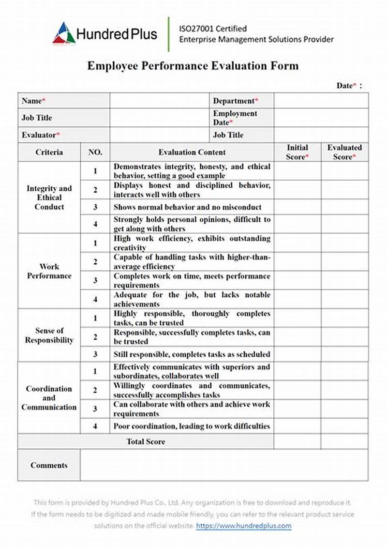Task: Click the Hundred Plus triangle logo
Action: pos(64,33)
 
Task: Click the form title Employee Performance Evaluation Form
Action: pos(193,66)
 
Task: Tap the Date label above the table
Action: pos(346,86)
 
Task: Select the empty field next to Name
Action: pos(159,101)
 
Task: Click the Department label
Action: pos(235,101)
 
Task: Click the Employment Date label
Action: pos(235,118)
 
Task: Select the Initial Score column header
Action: pos(297,152)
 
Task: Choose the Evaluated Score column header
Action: pos(344,152)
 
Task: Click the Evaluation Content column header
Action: pos(192,152)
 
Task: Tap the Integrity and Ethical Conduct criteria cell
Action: pos(49,198)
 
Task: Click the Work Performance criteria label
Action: pos(49,271)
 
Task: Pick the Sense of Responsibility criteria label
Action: pos(49,335)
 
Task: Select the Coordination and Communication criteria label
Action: pos(49,398)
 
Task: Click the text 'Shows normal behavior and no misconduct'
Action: pos(187,207)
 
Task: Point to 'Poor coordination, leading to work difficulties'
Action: pos(192,426)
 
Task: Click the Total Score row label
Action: pos(146,441)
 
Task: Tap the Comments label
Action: pos(49,465)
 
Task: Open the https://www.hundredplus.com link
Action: pos(244,526)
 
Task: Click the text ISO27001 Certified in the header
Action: pos(213,29)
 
